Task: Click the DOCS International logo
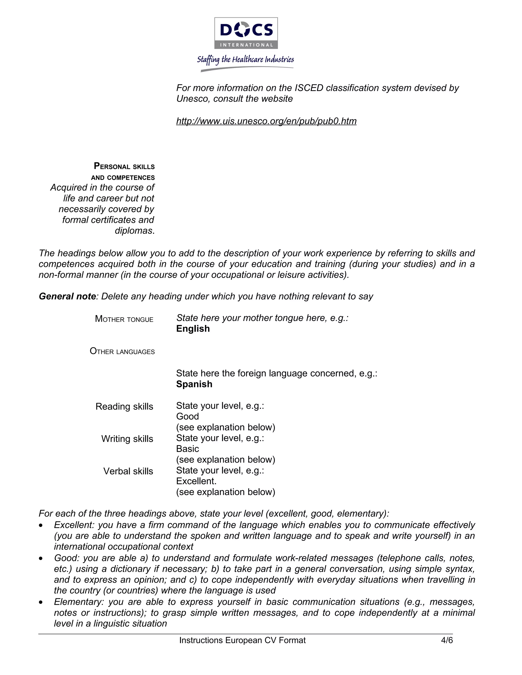(x=246, y=33)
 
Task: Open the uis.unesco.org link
(x=266, y=121)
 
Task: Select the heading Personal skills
(x=124, y=166)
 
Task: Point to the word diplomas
(x=134, y=231)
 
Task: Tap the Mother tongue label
(x=124, y=319)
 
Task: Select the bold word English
(x=193, y=329)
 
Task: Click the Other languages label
(x=122, y=352)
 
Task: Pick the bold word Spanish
(x=194, y=384)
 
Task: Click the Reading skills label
(x=124, y=407)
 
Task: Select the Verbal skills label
(x=128, y=471)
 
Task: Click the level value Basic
(x=187, y=449)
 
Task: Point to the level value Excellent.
(x=196, y=481)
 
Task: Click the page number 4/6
(x=447, y=640)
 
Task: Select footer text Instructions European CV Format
(x=242, y=640)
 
